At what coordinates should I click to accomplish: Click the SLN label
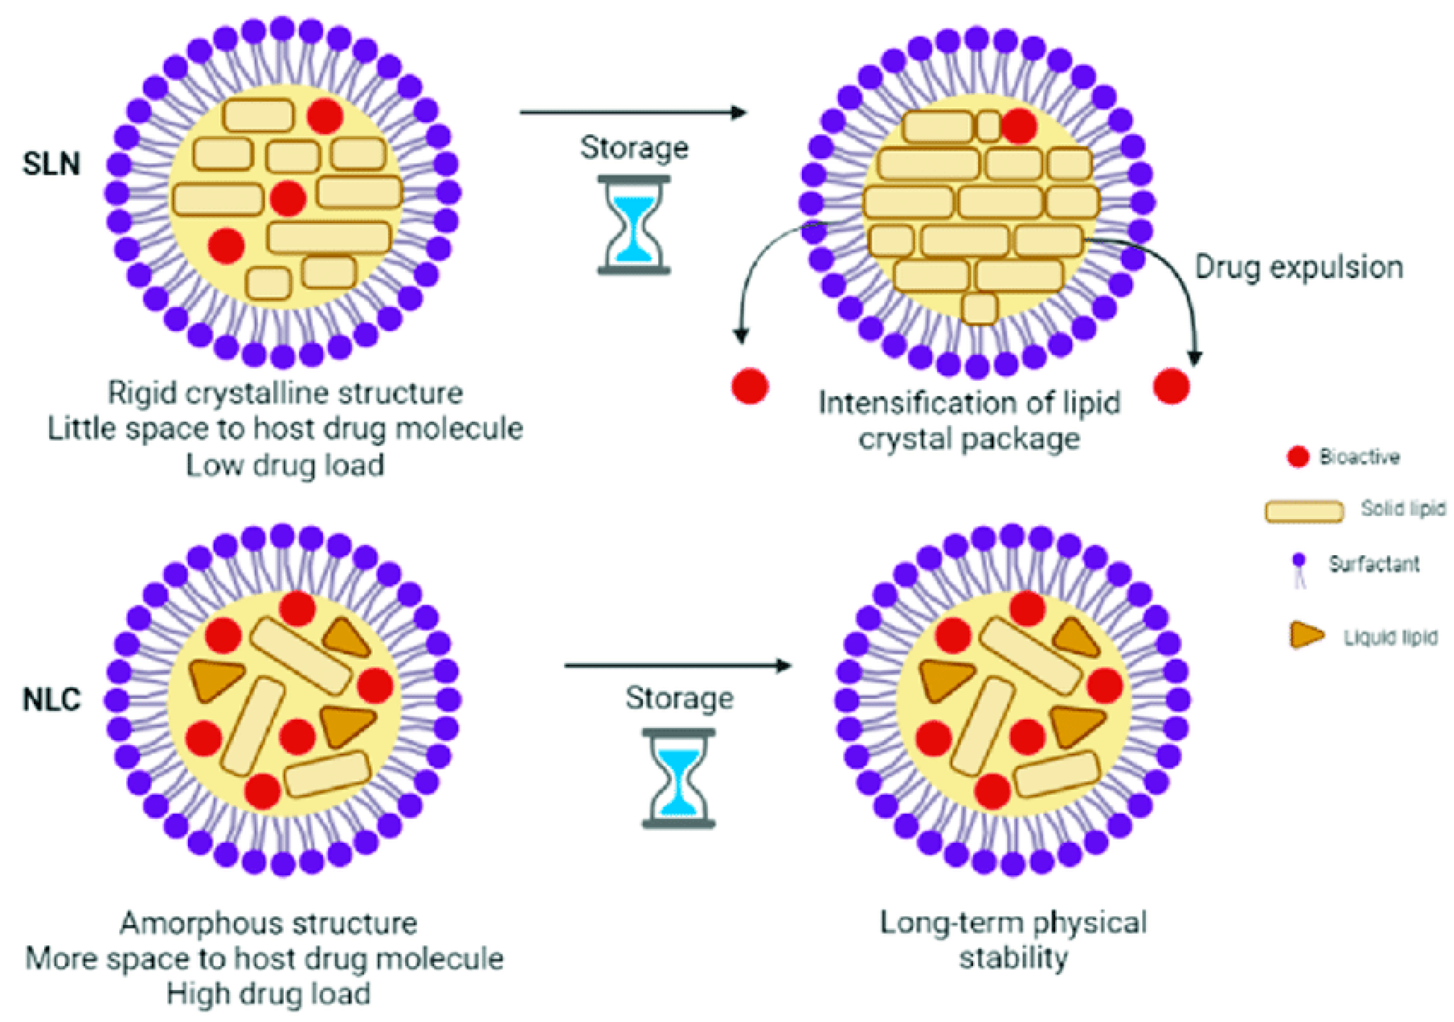[x=51, y=164]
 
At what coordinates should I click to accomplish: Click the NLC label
[x=51, y=699]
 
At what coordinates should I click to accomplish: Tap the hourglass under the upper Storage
[x=633, y=225]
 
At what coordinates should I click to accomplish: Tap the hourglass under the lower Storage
[x=678, y=778]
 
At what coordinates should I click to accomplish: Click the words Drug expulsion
[x=1299, y=268]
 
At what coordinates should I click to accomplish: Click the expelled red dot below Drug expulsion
[x=1171, y=386]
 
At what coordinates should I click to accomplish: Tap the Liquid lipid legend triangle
[x=1306, y=635]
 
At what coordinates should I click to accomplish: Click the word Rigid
[x=141, y=393]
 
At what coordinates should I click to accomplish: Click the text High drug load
[x=269, y=994]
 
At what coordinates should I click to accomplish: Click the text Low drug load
[x=285, y=466]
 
